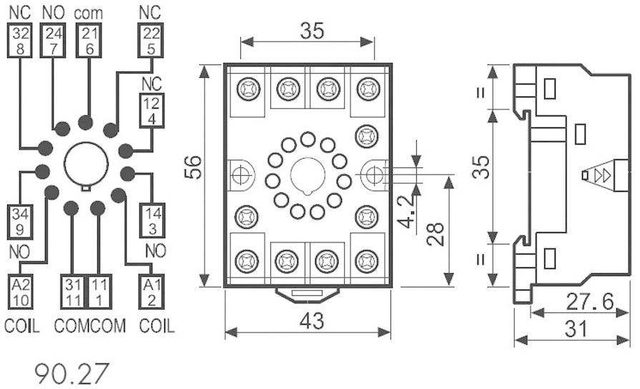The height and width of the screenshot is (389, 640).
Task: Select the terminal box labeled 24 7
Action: tap(54, 40)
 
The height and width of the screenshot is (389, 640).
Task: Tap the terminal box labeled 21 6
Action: tap(88, 40)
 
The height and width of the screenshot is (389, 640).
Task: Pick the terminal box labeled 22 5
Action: tap(149, 40)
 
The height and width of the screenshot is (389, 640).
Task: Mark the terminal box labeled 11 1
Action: tap(98, 291)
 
